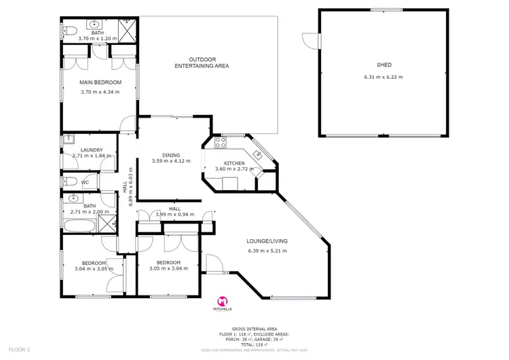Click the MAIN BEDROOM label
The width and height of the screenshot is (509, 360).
point(99,83)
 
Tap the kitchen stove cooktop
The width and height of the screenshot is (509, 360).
point(220,143)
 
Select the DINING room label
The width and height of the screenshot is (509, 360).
point(171,154)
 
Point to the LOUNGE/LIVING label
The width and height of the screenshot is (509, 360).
point(267,241)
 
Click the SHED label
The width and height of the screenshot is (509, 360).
point(384,65)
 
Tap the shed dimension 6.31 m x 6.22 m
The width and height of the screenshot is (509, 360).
point(384,77)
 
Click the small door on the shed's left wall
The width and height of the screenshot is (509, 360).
point(312,40)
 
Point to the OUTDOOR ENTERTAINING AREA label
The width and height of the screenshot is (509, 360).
point(202,62)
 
